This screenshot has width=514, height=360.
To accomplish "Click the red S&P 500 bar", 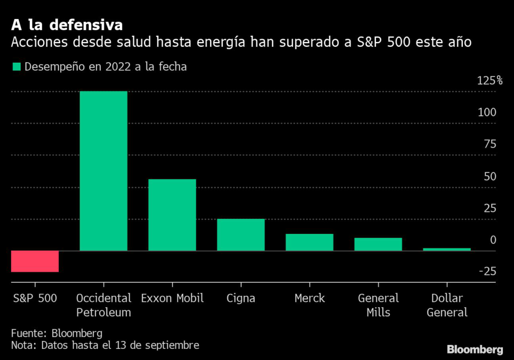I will pos(35,261).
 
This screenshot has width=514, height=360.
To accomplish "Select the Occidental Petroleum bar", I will pos(103,171).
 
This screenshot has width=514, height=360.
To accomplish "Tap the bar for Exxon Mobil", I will pos(172,215).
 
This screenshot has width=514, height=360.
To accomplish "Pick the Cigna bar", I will pos(241,234).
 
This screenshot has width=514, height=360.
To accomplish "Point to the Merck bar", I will pos(309,242).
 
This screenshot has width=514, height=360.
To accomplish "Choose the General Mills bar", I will pos(378,244).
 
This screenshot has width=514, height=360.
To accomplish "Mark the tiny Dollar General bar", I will pos(447,249).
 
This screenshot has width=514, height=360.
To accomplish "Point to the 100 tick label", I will pos(487,112).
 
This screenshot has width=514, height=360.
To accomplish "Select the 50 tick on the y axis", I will pos(490,176).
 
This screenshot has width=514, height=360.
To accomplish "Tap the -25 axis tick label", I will pos(487,272).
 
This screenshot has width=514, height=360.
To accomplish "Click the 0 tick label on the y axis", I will pos(493,240).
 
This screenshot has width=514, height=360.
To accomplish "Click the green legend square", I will pos(17,67).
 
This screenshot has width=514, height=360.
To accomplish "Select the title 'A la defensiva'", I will pos(67,25).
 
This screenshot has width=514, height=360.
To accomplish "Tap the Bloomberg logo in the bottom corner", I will pos(475,349).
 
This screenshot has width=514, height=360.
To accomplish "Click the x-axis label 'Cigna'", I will pos(241,298).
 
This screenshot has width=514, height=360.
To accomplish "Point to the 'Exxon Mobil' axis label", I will pos(172,298).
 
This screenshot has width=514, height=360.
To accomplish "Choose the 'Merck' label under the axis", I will pos(309,298).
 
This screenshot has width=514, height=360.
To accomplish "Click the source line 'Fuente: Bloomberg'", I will pos(57,333).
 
